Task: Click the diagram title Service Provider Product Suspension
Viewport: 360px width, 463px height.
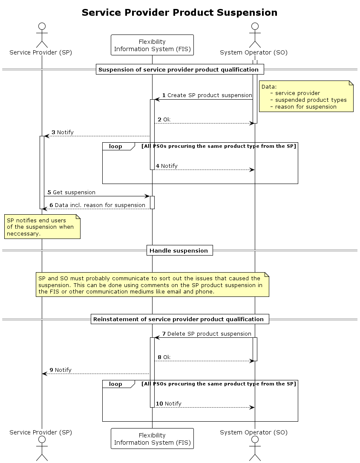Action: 179,13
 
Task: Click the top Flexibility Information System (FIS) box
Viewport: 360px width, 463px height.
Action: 152,45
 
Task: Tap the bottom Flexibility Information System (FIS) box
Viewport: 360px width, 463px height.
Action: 152,439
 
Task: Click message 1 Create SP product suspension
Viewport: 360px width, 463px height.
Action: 207,95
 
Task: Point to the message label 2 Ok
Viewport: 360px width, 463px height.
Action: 164,120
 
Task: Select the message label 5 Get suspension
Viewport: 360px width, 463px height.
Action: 71,193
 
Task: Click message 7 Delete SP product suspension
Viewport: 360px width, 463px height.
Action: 207,334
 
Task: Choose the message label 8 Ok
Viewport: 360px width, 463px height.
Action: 164,357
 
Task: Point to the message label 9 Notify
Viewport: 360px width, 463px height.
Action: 60,370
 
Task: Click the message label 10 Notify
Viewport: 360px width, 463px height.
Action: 168,404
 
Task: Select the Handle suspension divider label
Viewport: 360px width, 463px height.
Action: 179,251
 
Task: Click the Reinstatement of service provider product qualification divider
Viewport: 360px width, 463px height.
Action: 179,319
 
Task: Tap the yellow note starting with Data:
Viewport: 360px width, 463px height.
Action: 306,97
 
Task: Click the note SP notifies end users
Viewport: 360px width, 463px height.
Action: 42,227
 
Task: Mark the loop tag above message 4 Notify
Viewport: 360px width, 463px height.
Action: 115,147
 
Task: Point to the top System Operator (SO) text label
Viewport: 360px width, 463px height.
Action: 253,53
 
